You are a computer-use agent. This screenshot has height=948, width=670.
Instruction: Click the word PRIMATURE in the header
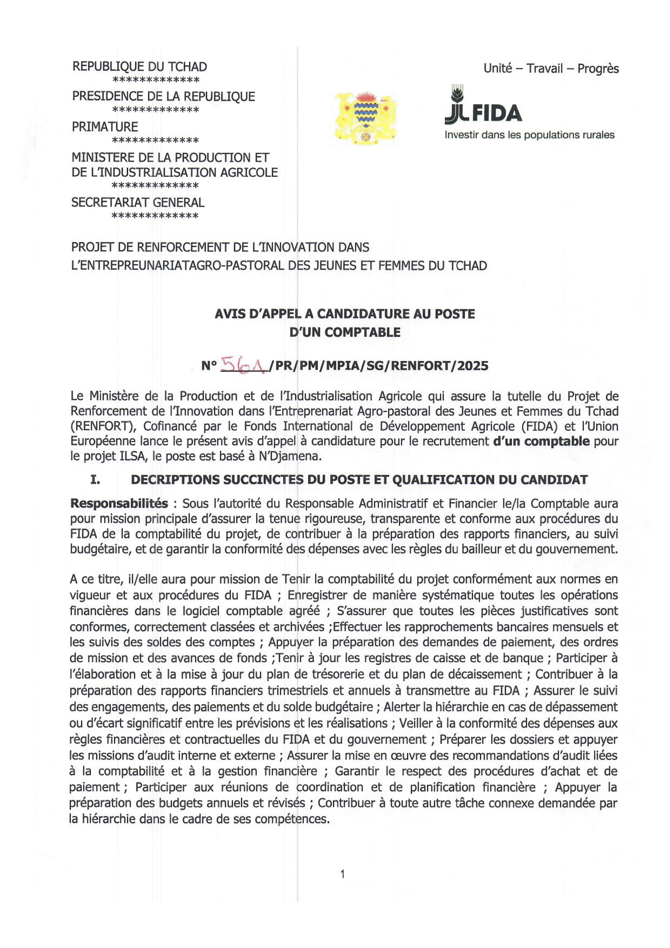click(105, 127)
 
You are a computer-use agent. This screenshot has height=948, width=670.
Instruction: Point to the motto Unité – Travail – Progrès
click(551, 69)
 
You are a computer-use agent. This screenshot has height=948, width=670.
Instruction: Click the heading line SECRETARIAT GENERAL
click(138, 202)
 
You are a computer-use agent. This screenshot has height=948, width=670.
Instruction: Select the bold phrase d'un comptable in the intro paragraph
click(541, 441)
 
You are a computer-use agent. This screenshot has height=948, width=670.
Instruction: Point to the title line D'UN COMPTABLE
click(345, 332)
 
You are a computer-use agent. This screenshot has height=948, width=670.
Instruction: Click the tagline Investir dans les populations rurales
click(529, 135)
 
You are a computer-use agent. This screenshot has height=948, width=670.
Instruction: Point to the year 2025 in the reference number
click(472, 366)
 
